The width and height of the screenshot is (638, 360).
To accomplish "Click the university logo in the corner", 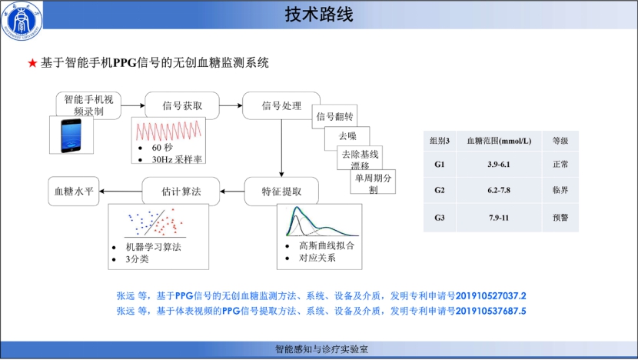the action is point(22,20).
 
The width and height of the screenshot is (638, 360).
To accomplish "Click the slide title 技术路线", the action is point(318,15).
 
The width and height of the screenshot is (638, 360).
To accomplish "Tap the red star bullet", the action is point(32,63).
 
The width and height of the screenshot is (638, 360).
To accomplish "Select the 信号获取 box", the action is point(182,105).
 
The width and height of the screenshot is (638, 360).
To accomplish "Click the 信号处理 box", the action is point(281,105).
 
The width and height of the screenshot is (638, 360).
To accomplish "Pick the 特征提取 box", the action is point(281,192).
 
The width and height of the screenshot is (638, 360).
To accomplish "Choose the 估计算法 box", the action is point(181,192).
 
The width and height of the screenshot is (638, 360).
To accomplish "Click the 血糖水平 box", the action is point(74,191).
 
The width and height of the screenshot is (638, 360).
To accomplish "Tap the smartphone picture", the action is point(71,135).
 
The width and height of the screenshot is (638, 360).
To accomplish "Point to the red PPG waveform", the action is point(168,131).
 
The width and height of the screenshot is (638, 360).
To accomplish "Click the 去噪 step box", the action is point(347,136).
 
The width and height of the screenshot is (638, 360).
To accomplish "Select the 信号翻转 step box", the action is point(334,117).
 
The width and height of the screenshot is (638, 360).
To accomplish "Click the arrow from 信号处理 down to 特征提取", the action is point(281,148).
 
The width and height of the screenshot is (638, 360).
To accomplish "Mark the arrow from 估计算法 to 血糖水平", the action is point(121,191).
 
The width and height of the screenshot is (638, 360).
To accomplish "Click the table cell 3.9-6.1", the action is point(499,165).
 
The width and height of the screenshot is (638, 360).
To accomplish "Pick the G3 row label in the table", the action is point(440,218).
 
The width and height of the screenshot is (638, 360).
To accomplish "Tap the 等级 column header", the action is point(560,141).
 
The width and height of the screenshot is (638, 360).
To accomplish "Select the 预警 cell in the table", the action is point(560,218).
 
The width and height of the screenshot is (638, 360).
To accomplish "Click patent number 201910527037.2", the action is point(490,296).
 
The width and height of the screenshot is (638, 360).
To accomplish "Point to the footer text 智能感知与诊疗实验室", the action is point(321,349).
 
